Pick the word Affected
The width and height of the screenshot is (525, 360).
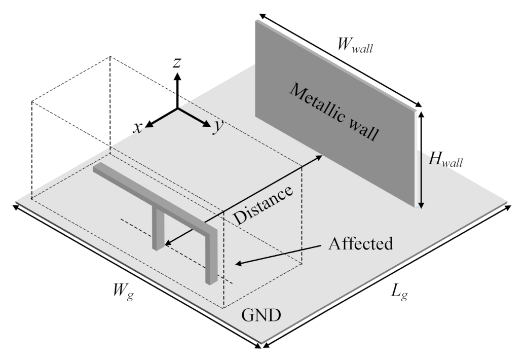click(360, 243)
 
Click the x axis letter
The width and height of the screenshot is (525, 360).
click(137, 127)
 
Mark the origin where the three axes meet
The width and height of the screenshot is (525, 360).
click(177, 108)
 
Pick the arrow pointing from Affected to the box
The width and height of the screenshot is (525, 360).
click(279, 255)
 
